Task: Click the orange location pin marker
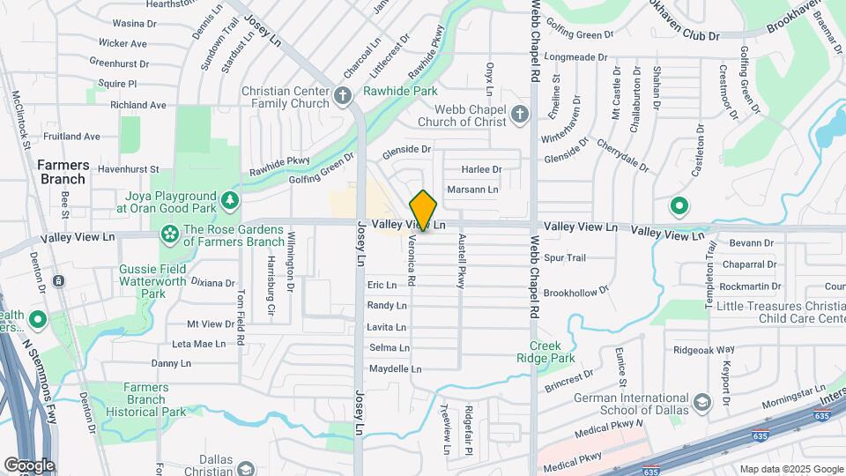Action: [424, 211]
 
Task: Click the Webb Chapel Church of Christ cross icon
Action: [520, 114]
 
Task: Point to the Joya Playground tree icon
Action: [230, 201]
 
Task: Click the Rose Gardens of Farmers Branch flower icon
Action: [168, 234]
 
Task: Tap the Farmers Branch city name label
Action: [62, 172]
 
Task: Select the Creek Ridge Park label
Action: [552, 352]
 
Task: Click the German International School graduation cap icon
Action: [702, 403]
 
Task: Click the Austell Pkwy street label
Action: [460, 265]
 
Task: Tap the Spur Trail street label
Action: [565, 258]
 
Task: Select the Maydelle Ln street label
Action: [395, 368]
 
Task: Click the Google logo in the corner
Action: [29, 465]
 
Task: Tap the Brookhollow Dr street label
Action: [576, 292]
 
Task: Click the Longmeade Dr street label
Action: [577, 56]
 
